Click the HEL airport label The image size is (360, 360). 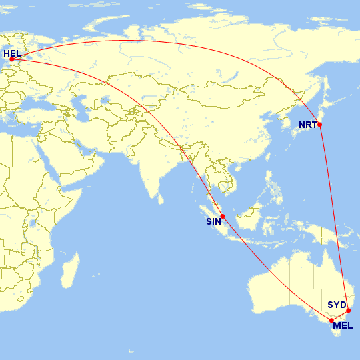coord(12,53)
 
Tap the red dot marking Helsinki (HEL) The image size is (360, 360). coord(12,59)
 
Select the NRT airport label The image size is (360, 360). coord(307,125)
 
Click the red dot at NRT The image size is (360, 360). coord(320,125)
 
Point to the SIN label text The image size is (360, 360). coord(213,223)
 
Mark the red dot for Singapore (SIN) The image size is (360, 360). coord(223,216)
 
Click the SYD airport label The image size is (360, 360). coord(337,305)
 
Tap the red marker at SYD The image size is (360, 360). coord(349,311)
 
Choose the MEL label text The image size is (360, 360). coord(343,325)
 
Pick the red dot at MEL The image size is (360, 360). coord(331,321)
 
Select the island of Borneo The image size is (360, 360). coord(250,217)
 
